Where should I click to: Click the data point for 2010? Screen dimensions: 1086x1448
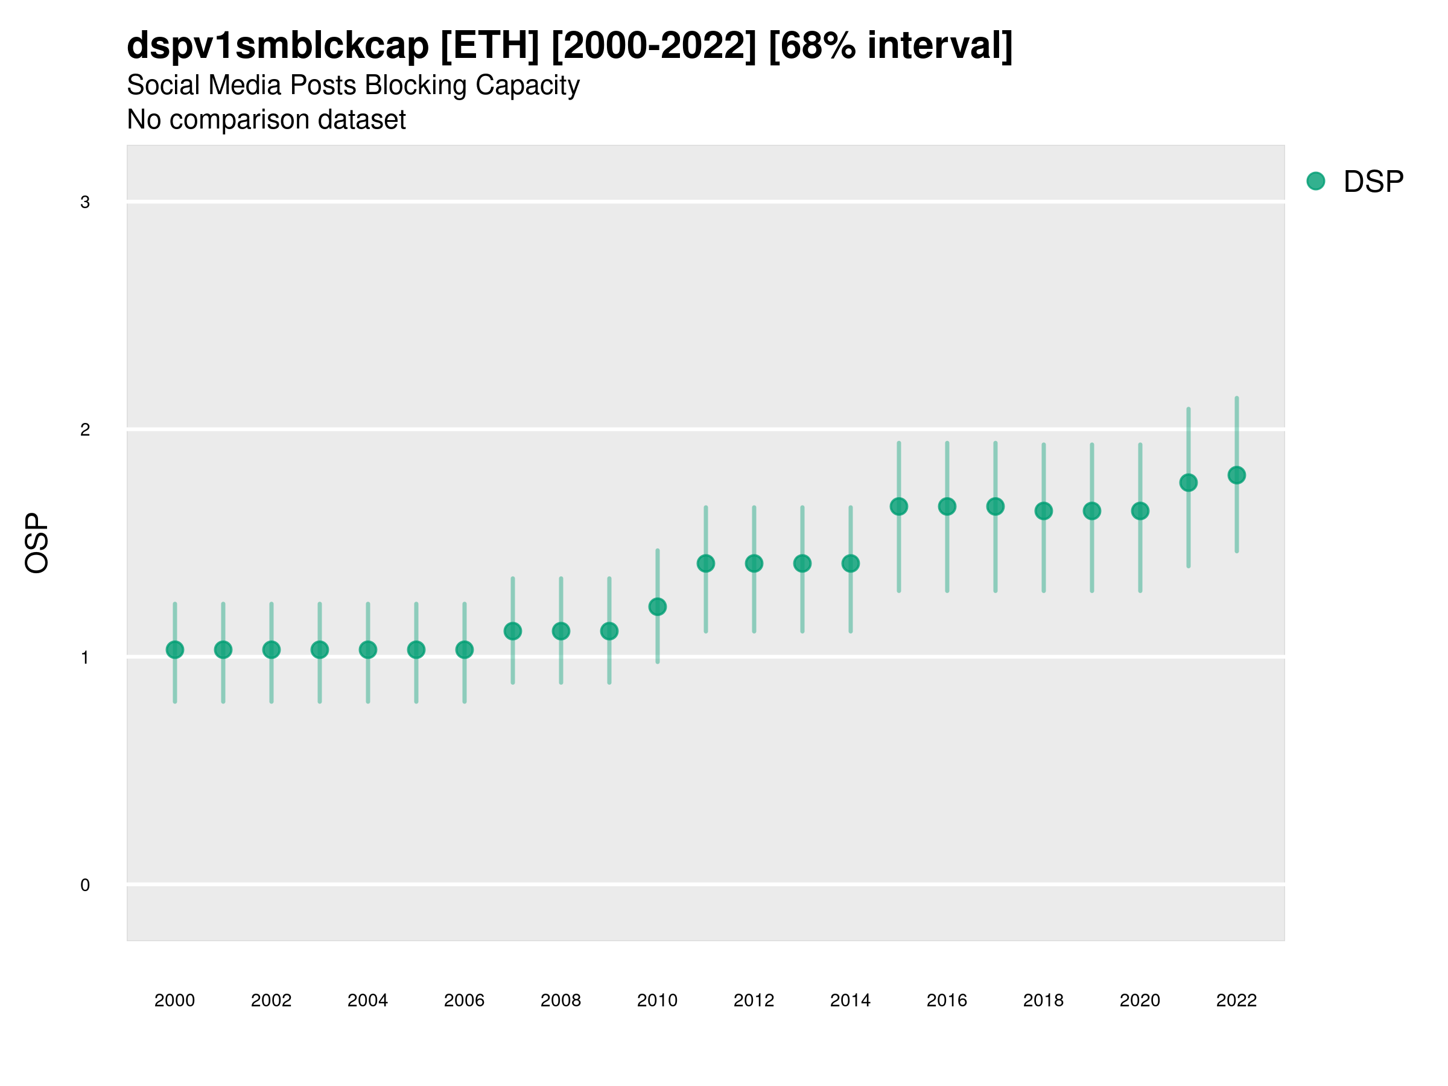657,607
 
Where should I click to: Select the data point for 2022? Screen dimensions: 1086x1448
1237,475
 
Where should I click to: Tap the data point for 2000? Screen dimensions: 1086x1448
175,649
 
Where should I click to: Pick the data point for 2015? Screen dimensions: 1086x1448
899,506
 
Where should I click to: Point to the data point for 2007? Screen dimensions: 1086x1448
513,631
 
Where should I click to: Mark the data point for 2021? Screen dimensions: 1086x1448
1188,483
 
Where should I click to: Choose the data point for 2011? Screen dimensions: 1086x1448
706,563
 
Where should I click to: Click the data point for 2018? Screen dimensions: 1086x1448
1043,510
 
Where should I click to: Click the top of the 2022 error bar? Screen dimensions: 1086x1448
1237,398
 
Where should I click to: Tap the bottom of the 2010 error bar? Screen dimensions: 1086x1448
657,662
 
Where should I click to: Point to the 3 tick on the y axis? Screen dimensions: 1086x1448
85,202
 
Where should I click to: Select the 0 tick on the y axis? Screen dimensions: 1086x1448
85,885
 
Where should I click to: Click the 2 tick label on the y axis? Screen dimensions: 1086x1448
85,430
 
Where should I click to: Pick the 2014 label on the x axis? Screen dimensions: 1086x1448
850,1000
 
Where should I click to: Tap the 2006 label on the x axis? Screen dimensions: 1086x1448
464,1000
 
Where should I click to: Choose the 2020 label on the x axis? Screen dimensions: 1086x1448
1140,1000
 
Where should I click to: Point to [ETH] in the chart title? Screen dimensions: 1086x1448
490,45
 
